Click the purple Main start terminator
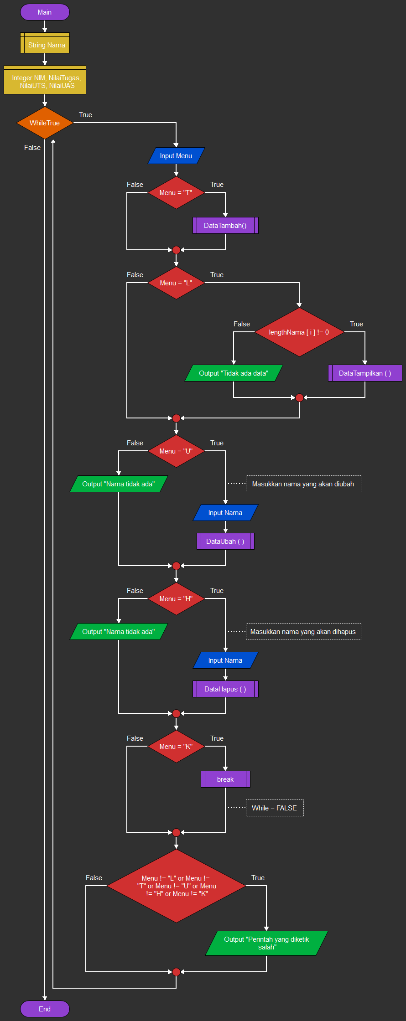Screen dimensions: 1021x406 tap(45, 12)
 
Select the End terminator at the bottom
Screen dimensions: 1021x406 tap(45, 1009)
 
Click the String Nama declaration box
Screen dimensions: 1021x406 tap(45, 45)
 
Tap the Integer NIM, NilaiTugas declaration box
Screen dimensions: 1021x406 tap(45, 81)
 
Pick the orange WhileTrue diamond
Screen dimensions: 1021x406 tap(45, 123)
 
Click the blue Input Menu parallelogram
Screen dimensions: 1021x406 tap(176, 156)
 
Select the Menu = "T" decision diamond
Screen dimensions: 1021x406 tap(176, 193)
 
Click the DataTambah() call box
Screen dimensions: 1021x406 tap(225, 226)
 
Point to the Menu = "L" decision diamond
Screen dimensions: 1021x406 tap(176, 283)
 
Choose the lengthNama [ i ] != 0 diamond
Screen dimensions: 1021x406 tap(299, 332)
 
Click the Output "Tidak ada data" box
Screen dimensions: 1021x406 tap(234, 373)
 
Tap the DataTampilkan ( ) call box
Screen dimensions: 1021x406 tap(365, 373)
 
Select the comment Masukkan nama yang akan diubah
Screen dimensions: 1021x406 tap(303, 484)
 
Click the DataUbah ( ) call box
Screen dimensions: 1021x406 tap(225, 541)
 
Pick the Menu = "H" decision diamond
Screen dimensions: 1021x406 tap(176, 599)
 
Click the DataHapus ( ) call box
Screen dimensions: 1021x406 tap(225, 689)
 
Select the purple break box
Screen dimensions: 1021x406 tap(225, 779)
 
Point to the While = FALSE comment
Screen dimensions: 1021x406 tap(274, 808)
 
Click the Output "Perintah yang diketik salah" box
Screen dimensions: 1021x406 tap(266, 943)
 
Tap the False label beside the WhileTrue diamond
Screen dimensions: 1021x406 tap(32, 148)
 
